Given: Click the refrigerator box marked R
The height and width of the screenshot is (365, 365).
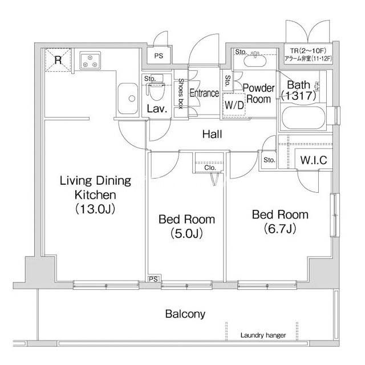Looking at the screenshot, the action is click(58, 60).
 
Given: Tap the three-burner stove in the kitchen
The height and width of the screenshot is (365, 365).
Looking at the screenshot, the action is click(90, 60).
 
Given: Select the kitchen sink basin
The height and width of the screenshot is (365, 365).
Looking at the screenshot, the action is click(128, 99).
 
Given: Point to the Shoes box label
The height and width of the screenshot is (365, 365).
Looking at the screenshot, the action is click(181, 94).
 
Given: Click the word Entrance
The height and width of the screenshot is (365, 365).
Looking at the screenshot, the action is click(204, 93).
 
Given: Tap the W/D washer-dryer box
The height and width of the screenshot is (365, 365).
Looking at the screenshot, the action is click(234, 104).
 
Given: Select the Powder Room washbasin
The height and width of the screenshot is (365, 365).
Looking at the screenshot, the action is click(255, 60).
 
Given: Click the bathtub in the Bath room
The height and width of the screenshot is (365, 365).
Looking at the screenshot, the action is click(303, 119).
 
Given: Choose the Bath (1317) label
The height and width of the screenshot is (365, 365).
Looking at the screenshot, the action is click(299, 90).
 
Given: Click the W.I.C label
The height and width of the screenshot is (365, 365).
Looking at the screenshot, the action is click(314, 160).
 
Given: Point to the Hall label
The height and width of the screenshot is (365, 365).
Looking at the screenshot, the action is click(212, 135).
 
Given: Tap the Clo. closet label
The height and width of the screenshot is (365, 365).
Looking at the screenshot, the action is click(210, 168).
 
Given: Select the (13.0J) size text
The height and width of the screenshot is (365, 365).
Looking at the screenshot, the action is click(95, 209).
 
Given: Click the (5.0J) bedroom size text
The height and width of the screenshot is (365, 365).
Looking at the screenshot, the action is click(186, 233).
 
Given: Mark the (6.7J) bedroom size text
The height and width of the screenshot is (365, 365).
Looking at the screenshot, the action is click(280, 229).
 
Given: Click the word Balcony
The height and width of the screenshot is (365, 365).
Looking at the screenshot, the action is click(185, 314).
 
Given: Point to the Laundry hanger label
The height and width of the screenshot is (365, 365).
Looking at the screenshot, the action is click(263, 335).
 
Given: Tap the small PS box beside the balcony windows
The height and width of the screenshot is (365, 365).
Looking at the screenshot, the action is click(153, 279).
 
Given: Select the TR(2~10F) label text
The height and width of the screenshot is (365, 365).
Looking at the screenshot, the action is click(308, 51).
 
